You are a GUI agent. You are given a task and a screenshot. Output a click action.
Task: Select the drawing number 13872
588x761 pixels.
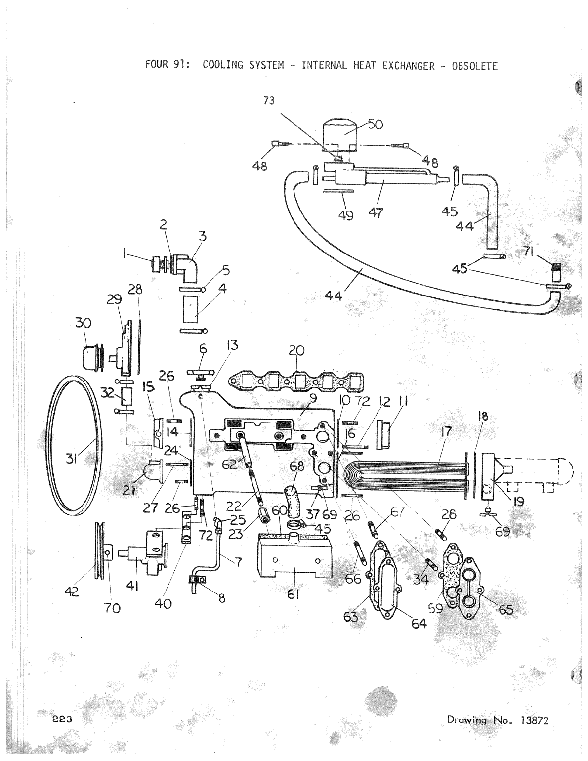pyautogui.click(x=532, y=720)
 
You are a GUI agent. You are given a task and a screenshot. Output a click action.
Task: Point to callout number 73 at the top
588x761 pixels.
pyautogui.click(x=269, y=100)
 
